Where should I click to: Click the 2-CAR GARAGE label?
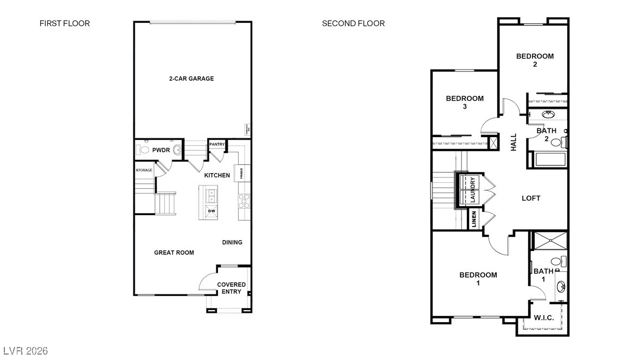tap(191, 79)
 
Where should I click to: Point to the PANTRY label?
tap(217, 144)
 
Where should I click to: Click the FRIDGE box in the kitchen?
tap(242, 173)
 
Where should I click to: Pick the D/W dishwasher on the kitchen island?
tap(211, 210)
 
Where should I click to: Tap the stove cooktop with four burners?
tap(244, 201)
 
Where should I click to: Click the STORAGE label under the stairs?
tap(144, 170)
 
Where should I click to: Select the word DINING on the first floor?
tap(232, 242)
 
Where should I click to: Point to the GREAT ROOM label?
tap(174, 253)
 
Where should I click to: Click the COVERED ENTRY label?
tap(232, 288)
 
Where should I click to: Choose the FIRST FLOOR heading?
tap(65, 23)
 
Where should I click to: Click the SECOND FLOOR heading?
tap(353, 23)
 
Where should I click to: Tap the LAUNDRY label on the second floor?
tap(473, 190)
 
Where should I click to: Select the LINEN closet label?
tap(473, 220)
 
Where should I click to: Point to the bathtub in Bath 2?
tap(550, 159)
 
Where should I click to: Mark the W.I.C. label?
tap(543, 318)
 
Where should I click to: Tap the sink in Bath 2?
tap(548, 115)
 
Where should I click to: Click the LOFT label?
tap(531, 198)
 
